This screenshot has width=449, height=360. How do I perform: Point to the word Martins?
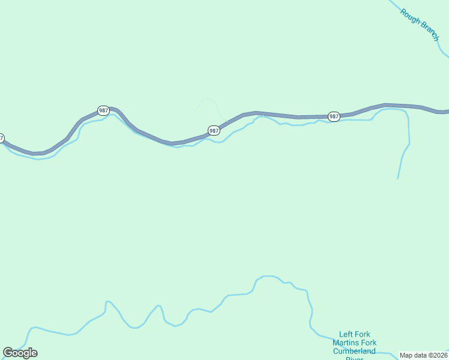coord(345,343)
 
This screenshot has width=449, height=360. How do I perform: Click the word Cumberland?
coord(354,351)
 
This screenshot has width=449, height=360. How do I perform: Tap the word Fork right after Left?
coord(363,335)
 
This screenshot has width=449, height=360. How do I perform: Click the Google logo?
coord(20,353)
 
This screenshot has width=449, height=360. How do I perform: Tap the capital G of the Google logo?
coord(8,352)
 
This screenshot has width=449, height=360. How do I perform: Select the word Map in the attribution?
coord(407,355)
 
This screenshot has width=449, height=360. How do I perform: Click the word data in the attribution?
coord(421,355)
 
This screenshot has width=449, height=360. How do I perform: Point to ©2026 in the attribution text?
coord(439,355)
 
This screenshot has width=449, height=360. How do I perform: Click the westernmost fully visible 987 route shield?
coord(103,110)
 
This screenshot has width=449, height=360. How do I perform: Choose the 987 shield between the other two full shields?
coord(214,130)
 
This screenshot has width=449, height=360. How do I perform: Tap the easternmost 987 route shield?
coord(334,116)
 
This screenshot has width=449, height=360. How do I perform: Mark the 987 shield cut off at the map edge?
coord(1,138)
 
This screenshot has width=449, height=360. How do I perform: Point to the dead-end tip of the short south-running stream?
coord(397,178)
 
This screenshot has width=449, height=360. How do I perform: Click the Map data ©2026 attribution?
coord(423,355)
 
